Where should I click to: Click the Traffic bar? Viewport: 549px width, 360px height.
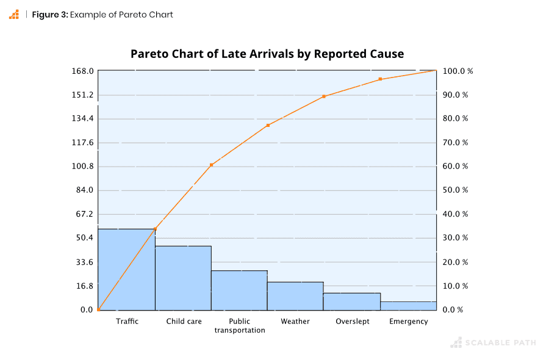tap(127, 270)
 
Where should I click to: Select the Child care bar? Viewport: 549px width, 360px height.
tap(183, 278)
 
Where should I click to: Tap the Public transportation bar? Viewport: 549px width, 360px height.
tap(239, 290)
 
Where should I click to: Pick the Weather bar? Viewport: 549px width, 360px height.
tap(295, 296)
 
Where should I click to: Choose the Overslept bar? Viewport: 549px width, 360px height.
tap(351, 301)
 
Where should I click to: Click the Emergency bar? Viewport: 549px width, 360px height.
tap(408, 306)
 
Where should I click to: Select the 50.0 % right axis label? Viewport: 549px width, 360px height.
tap(455, 190)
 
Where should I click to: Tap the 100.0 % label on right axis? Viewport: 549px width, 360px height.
tap(457, 71)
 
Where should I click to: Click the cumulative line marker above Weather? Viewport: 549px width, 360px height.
tap(324, 96)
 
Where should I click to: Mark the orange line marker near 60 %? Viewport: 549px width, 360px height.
tap(211, 165)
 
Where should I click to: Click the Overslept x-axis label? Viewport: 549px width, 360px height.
tap(352, 322)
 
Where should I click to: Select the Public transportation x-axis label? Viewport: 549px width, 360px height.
tap(239, 326)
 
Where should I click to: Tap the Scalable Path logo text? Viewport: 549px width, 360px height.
tap(501, 343)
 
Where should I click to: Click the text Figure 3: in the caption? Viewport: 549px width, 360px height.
tap(49, 15)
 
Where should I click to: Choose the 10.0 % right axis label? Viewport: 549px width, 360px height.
tap(455, 286)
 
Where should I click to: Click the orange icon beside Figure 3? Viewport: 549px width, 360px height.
tap(13, 15)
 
